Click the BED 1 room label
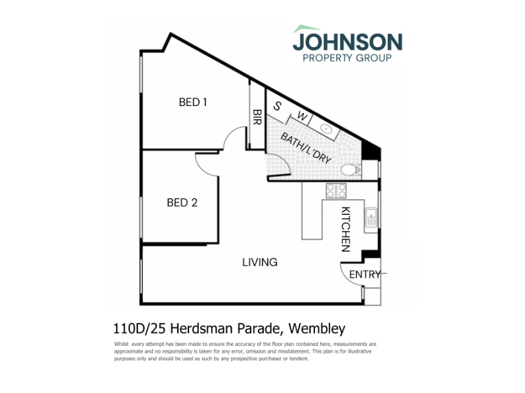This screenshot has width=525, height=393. click(x=193, y=102)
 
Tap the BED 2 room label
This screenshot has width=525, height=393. click(x=182, y=202)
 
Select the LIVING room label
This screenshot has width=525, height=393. click(x=260, y=262)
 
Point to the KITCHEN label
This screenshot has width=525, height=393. click(x=346, y=229)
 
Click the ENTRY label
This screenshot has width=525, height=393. click(x=365, y=274)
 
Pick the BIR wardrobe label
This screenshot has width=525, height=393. click(x=257, y=117)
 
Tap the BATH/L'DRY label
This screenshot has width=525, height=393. click(x=306, y=148)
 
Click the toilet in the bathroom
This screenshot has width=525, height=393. click(x=351, y=170)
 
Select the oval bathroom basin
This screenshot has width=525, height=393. click(x=325, y=128)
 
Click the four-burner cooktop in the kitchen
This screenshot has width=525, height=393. click(x=336, y=191)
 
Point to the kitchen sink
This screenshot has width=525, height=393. click(x=371, y=217)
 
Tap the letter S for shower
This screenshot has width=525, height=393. click(x=277, y=106)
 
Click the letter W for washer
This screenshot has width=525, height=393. click(x=302, y=117)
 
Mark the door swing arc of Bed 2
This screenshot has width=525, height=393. click(x=201, y=170)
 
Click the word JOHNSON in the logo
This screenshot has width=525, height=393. click(x=348, y=42)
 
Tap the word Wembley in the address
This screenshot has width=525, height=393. click(x=317, y=329)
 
